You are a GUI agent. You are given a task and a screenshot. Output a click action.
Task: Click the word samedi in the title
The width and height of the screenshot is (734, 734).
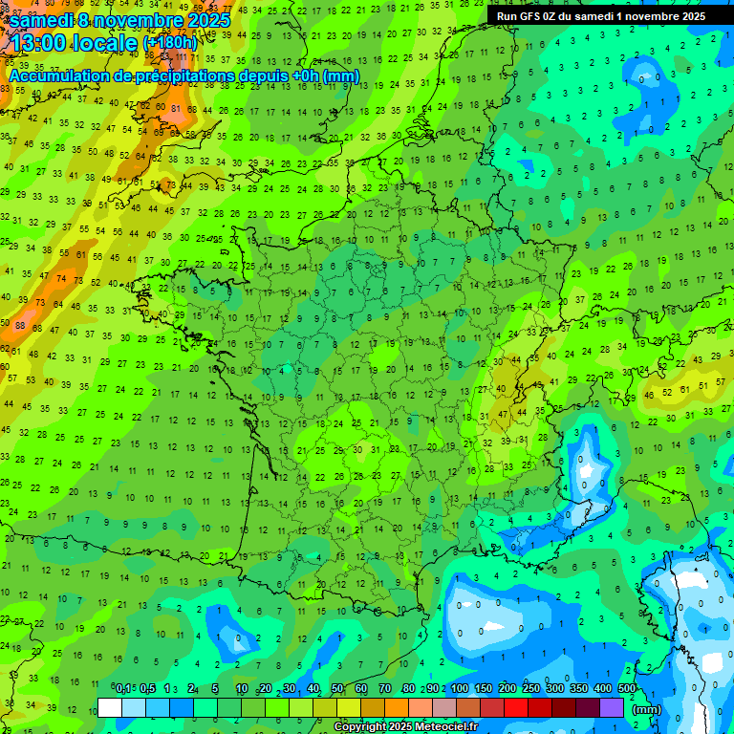coord(41,20)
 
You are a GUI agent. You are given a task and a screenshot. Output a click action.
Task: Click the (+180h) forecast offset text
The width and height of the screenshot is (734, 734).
coord(170,42)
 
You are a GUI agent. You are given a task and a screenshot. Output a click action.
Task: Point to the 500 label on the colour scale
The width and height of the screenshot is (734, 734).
coord(627,689)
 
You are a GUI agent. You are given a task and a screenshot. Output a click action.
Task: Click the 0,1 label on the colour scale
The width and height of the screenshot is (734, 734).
coord(123,689)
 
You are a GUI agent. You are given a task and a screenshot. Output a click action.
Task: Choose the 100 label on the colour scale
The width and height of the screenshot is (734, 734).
coord(460,689)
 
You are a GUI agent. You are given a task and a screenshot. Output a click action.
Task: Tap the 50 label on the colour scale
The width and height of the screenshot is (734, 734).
coord(337,689)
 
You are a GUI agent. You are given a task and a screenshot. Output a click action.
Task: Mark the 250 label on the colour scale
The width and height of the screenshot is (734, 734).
coord(531,689)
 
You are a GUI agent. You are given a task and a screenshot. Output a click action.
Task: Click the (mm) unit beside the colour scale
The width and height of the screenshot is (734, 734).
coord(647,709)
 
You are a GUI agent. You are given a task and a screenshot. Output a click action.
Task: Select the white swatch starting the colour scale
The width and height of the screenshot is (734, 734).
coord(110,707)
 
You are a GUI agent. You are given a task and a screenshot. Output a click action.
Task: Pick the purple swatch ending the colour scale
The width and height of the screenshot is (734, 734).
coord(613,707)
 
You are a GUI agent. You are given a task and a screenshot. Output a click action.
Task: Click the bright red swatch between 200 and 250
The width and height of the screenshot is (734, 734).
coord(517,707)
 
